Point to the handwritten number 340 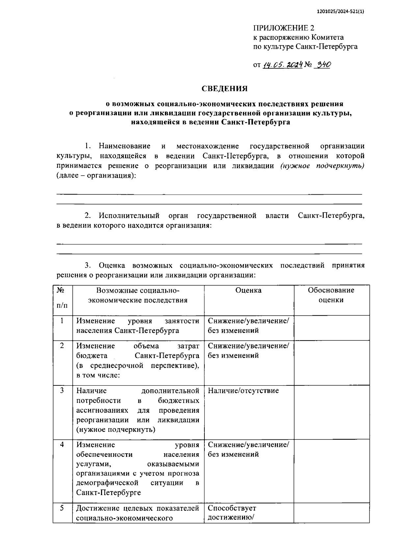(322, 65)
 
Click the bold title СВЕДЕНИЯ (224, 89)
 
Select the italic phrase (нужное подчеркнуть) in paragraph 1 (322, 166)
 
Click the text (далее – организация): (96, 175)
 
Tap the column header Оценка (249, 290)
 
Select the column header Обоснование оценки (331, 295)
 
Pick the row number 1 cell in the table (62, 321)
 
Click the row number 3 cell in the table (62, 391)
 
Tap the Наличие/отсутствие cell (243, 391)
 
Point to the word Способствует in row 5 (232, 508)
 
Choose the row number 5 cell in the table (62, 508)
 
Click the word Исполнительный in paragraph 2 (129, 216)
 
